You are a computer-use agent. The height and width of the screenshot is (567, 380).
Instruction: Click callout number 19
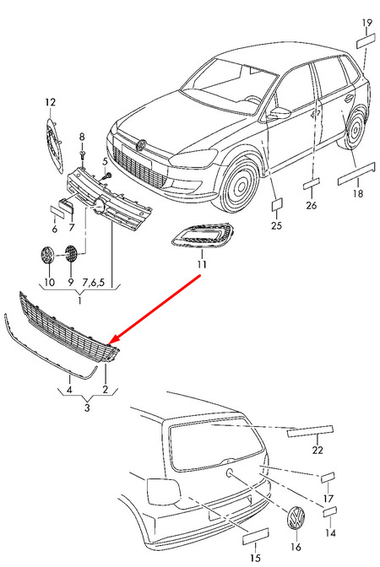pos(367,23)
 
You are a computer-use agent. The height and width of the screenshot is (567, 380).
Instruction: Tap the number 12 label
pos(51,102)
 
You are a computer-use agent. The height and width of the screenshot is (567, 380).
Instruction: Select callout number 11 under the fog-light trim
pos(202,264)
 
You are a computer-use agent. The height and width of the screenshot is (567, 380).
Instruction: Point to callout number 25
pos(276,225)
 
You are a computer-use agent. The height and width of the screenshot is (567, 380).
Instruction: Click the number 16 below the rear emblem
pos(296,547)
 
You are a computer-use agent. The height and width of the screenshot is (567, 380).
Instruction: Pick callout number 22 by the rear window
pos(318,450)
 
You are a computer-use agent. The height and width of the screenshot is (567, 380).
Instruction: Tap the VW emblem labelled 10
pos(46,256)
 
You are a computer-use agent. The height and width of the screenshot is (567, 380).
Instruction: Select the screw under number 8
pos(83,156)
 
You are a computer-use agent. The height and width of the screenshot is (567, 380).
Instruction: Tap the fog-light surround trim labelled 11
pos(203,235)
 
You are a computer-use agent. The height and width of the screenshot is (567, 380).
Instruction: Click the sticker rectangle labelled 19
pos(366,40)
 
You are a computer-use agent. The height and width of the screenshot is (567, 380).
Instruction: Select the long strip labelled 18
pos(356,174)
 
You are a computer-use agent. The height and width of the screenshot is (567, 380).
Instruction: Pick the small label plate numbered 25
pos(278,204)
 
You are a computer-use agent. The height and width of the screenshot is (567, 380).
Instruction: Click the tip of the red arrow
pos(109,343)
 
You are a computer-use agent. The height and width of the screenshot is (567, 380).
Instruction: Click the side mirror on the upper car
pos(280,113)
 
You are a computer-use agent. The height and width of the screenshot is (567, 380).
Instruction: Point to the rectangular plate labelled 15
pos(256,536)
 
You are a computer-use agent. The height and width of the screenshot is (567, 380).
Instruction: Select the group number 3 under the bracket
pos(87,408)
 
